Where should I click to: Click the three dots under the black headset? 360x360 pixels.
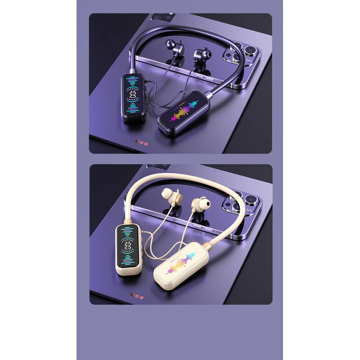pos(142,143)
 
